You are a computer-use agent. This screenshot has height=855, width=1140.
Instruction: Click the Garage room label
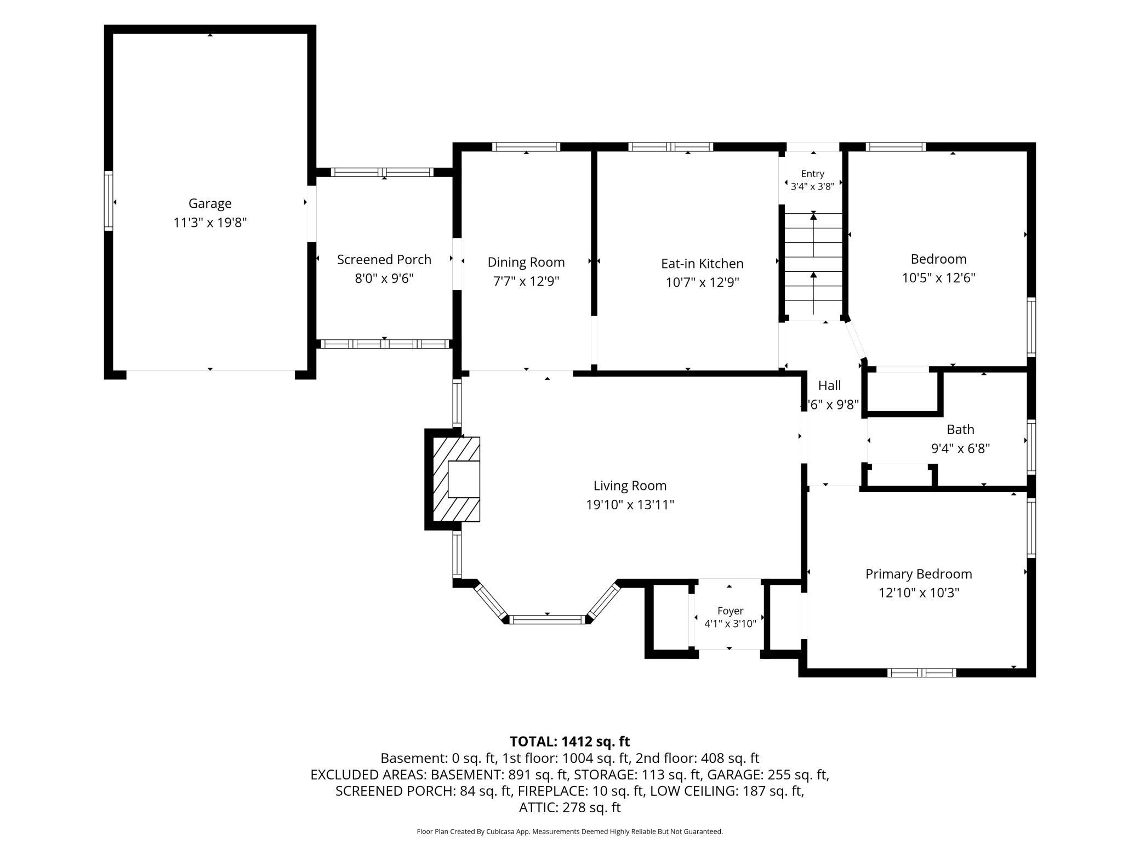pyautogui.click(x=210, y=203)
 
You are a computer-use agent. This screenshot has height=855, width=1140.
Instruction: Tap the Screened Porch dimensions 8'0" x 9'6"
pyautogui.click(x=384, y=278)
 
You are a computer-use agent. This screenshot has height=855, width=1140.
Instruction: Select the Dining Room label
pyautogui.click(x=526, y=263)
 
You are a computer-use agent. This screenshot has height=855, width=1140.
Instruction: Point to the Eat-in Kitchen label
pyautogui.click(x=702, y=264)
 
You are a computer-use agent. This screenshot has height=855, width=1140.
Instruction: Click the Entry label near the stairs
pyautogui.click(x=812, y=174)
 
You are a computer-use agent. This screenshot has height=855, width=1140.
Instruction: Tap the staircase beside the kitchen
pyautogui.click(x=813, y=266)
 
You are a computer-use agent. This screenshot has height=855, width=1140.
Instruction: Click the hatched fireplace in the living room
pyautogui.click(x=457, y=479)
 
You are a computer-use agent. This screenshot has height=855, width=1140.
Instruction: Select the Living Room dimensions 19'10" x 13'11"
pyautogui.click(x=630, y=505)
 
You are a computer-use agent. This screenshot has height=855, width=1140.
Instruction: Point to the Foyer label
pyautogui.click(x=730, y=611)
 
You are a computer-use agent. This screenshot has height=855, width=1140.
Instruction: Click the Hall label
pyautogui.click(x=829, y=386)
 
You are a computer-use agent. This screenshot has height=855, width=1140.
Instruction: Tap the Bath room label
pyautogui.click(x=960, y=430)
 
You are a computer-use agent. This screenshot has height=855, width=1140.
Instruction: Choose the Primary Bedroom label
pyautogui.click(x=919, y=574)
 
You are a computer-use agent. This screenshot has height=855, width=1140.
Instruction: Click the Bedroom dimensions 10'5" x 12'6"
pyautogui.click(x=939, y=278)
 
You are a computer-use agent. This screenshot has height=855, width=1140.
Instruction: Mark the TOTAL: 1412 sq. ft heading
pyautogui.click(x=570, y=742)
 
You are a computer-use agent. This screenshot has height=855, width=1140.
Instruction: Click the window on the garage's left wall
pyautogui.click(x=109, y=201)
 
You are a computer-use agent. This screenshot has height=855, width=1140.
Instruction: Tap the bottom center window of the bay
pyautogui.click(x=546, y=620)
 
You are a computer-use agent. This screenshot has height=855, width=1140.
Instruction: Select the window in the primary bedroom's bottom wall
pyautogui.click(x=922, y=672)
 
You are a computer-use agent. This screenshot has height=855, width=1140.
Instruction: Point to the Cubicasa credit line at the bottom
pyautogui.click(x=570, y=831)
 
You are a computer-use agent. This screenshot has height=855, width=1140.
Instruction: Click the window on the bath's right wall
pyautogui.click(x=1031, y=447)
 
